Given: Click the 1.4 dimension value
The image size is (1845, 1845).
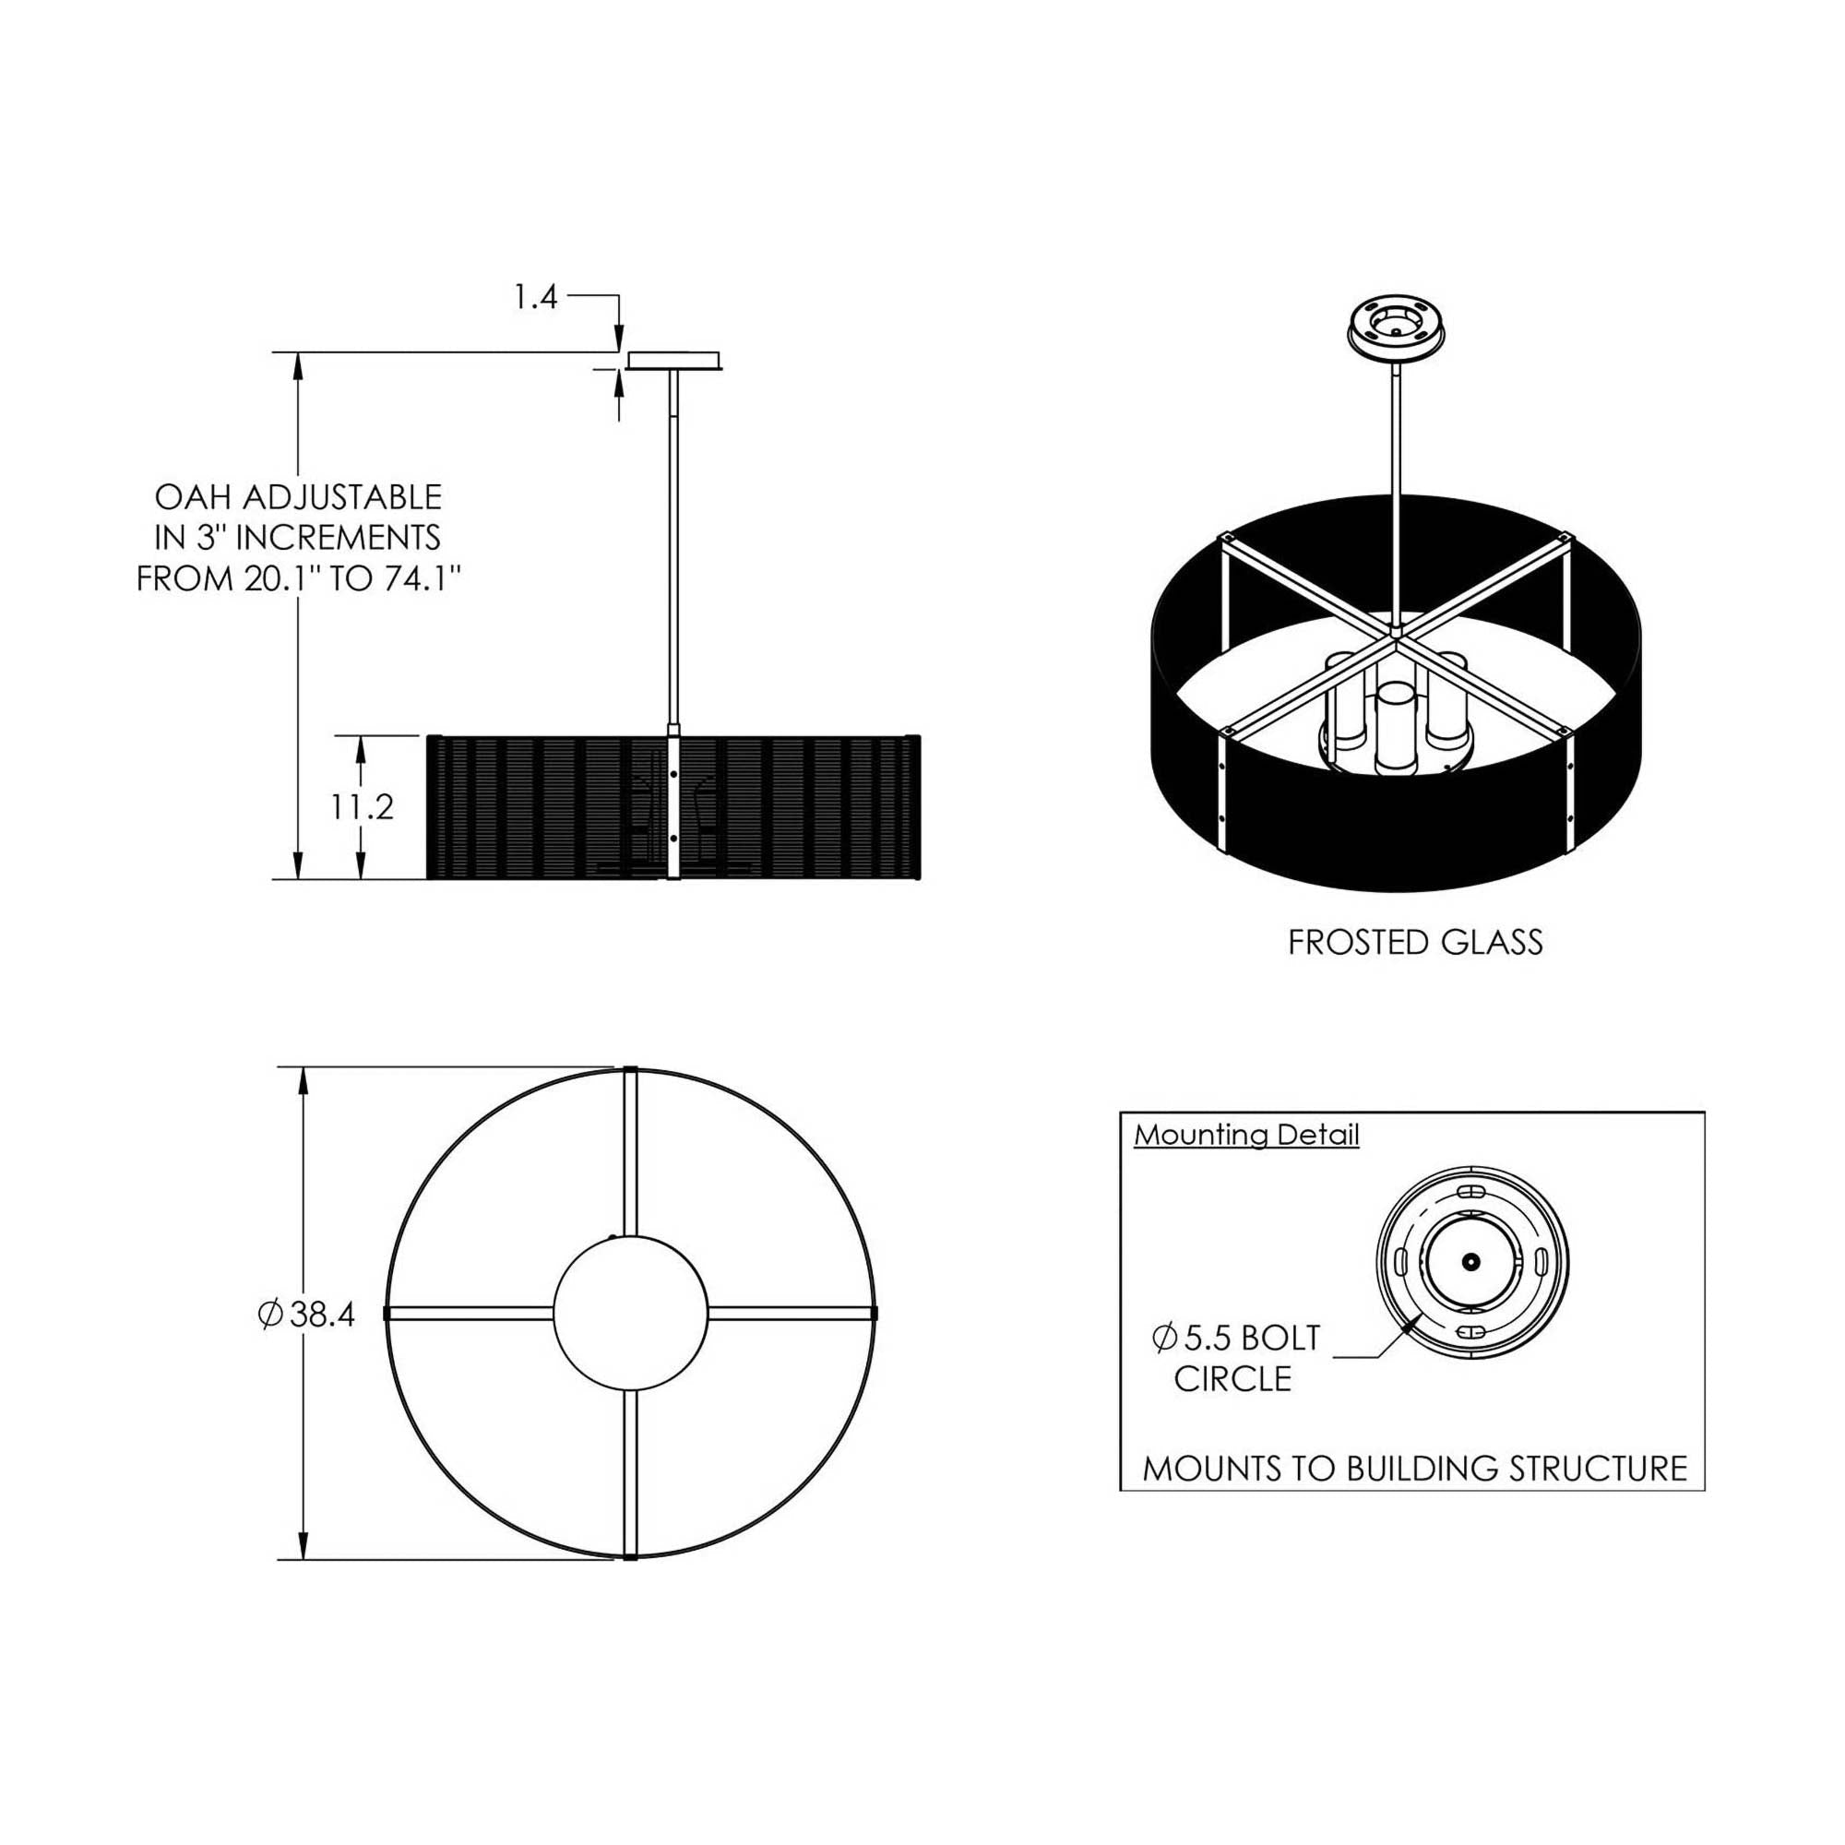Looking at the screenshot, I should click(535, 298).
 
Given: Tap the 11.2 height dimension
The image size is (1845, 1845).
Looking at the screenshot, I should click(363, 808).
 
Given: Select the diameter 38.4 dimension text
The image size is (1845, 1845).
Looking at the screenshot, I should click(307, 1315).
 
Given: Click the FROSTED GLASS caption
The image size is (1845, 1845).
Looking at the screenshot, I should click(1414, 944).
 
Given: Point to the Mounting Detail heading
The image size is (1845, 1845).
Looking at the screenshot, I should click(1246, 1136).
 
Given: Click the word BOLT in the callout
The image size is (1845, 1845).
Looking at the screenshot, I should click(1280, 1339).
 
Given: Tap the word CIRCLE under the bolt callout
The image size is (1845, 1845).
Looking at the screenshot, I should click(1232, 1379).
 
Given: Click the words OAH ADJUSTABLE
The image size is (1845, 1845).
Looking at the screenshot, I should click(298, 497).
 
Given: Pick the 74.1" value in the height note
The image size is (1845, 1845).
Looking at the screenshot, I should click(411, 578).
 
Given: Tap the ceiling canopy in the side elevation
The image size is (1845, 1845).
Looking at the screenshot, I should click(674, 360).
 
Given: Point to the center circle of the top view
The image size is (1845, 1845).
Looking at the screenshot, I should click(630, 1313).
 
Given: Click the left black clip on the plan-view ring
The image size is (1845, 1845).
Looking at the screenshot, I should click(387, 1314).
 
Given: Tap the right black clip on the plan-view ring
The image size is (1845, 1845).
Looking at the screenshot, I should click(874, 1314).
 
